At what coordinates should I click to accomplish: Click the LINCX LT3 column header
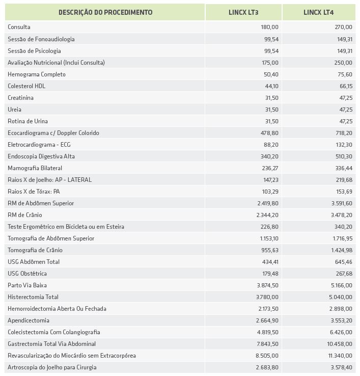[243, 12]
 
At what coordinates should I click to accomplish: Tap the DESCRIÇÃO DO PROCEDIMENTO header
[105, 12]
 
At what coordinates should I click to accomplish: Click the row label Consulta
[19, 27]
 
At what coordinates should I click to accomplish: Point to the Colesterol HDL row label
[26, 86]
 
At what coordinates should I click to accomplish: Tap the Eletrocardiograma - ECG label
[39, 145]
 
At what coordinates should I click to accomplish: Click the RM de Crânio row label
[25, 215]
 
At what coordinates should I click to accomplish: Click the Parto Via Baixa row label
[27, 285]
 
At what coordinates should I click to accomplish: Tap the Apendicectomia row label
[29, 320]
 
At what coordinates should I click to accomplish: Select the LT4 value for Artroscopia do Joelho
[341, 367]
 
